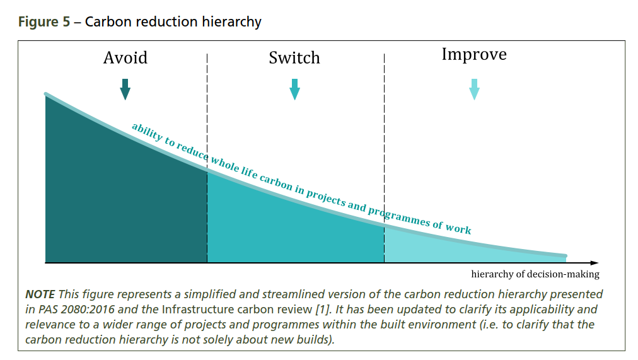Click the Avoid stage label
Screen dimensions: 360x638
pyautogui.click(x=125, y=58)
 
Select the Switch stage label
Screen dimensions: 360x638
pyautogui.click(x=294, y=58)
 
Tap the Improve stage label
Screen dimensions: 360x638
pyautogui.click(x=473, y=54)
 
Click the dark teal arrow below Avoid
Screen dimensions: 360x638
pyautogui.click(x=125, y=90)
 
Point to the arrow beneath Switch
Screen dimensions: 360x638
pyautogui.click(x=294, y=90)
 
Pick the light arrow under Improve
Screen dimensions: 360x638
pyautogui.click(x=474, y=90)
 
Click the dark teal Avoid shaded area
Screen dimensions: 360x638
pyautogui.click(x=120, y=202)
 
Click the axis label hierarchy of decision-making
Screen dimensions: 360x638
pyautogui.click(x=535, y=274)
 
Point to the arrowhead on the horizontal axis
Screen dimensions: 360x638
pyautogui.click(x=594, y=262)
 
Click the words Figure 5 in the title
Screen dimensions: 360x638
pyautogui.click(x=44, y=21)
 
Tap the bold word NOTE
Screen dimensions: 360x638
pyautogui.click(x=40, y=294)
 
